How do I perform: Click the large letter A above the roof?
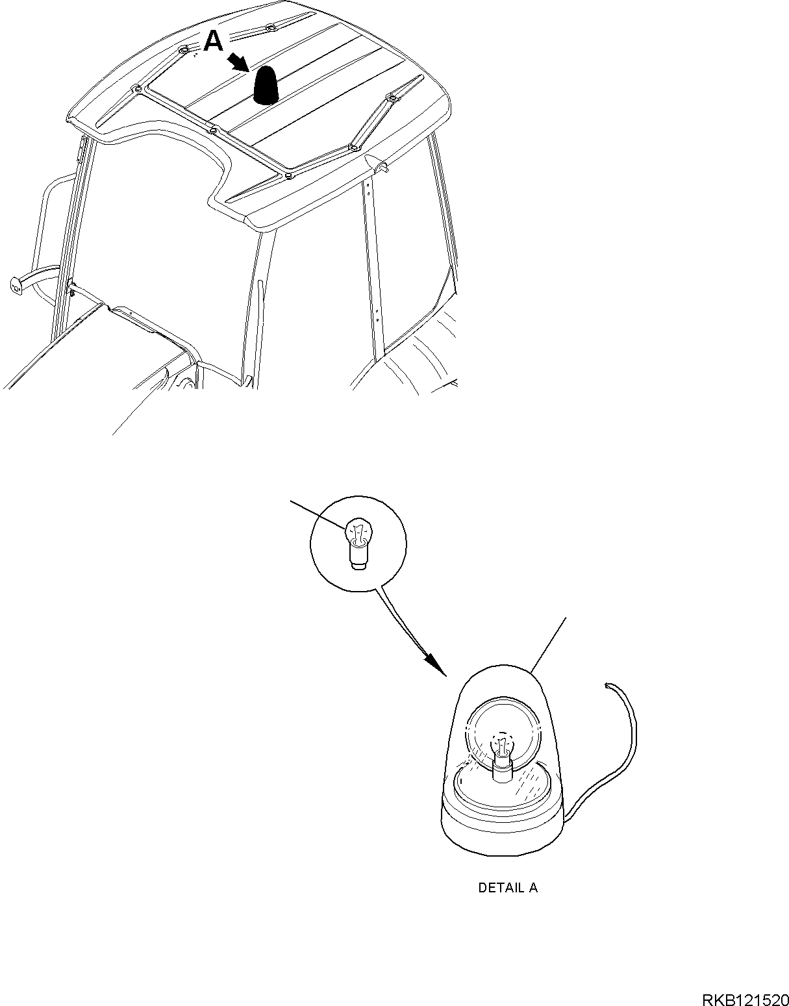click(x=214, y=41)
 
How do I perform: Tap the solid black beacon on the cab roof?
click(x=267, y=84)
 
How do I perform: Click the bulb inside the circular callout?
click(x=358, y=544)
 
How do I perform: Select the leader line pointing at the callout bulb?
click(x=319, y=515)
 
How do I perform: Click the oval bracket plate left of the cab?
click(x=16, y=286)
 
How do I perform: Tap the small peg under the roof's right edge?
click(x=382, y=168)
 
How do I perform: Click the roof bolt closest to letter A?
click(x=184, y=49)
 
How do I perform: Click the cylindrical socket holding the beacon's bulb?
click(x=503, y=770)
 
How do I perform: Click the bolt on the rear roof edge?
click(x=270, y=29)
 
